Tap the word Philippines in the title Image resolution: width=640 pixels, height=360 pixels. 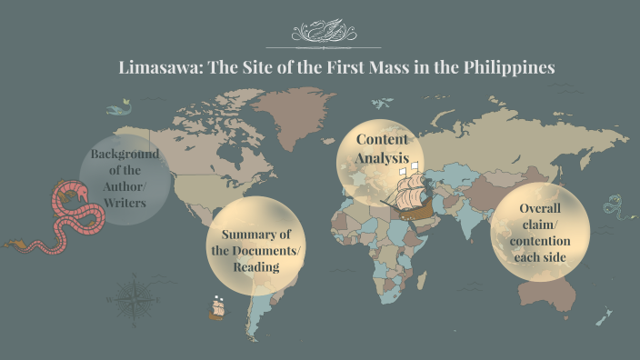507,68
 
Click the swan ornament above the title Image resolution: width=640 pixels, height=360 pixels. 319,33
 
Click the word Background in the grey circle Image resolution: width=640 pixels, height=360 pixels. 125,154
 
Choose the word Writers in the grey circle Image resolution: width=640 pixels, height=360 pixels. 125,203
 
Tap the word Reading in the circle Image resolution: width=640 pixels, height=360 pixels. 255,266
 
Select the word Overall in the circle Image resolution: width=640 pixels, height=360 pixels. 539,208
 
